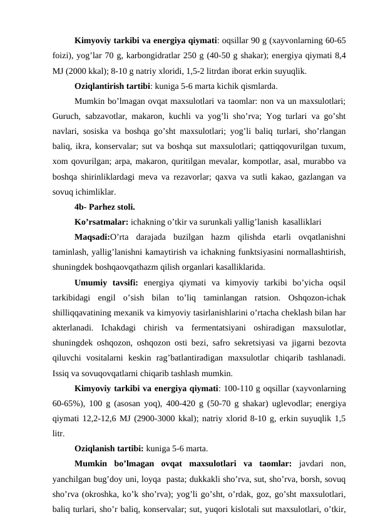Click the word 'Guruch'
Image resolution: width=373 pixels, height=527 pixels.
67,116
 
